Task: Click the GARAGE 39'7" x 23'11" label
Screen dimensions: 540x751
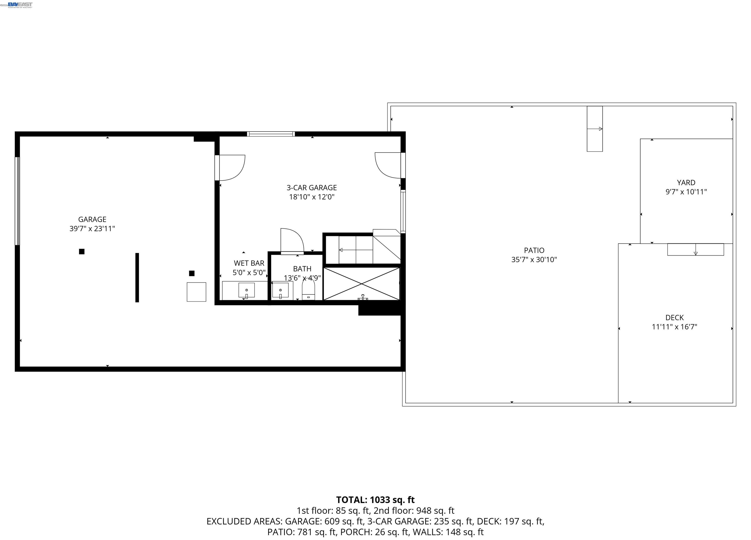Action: point(92,224)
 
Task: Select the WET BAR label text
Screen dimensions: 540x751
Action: point(249,263)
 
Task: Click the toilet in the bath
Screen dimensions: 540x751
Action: point(308,290)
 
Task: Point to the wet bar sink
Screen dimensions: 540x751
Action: point(246,290)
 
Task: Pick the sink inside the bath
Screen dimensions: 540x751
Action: point(280,290)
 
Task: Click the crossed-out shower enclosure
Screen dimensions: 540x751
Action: point(362,284)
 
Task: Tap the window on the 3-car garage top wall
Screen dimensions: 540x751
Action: point(271,134)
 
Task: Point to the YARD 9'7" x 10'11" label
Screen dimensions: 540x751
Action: point(686,187)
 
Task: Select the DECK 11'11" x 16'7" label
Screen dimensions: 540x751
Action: point(674,322)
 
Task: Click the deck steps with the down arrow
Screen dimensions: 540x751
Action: point(695,249)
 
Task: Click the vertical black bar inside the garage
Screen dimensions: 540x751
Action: point(137,278)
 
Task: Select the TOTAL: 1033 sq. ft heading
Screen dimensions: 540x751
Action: point(375,500)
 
